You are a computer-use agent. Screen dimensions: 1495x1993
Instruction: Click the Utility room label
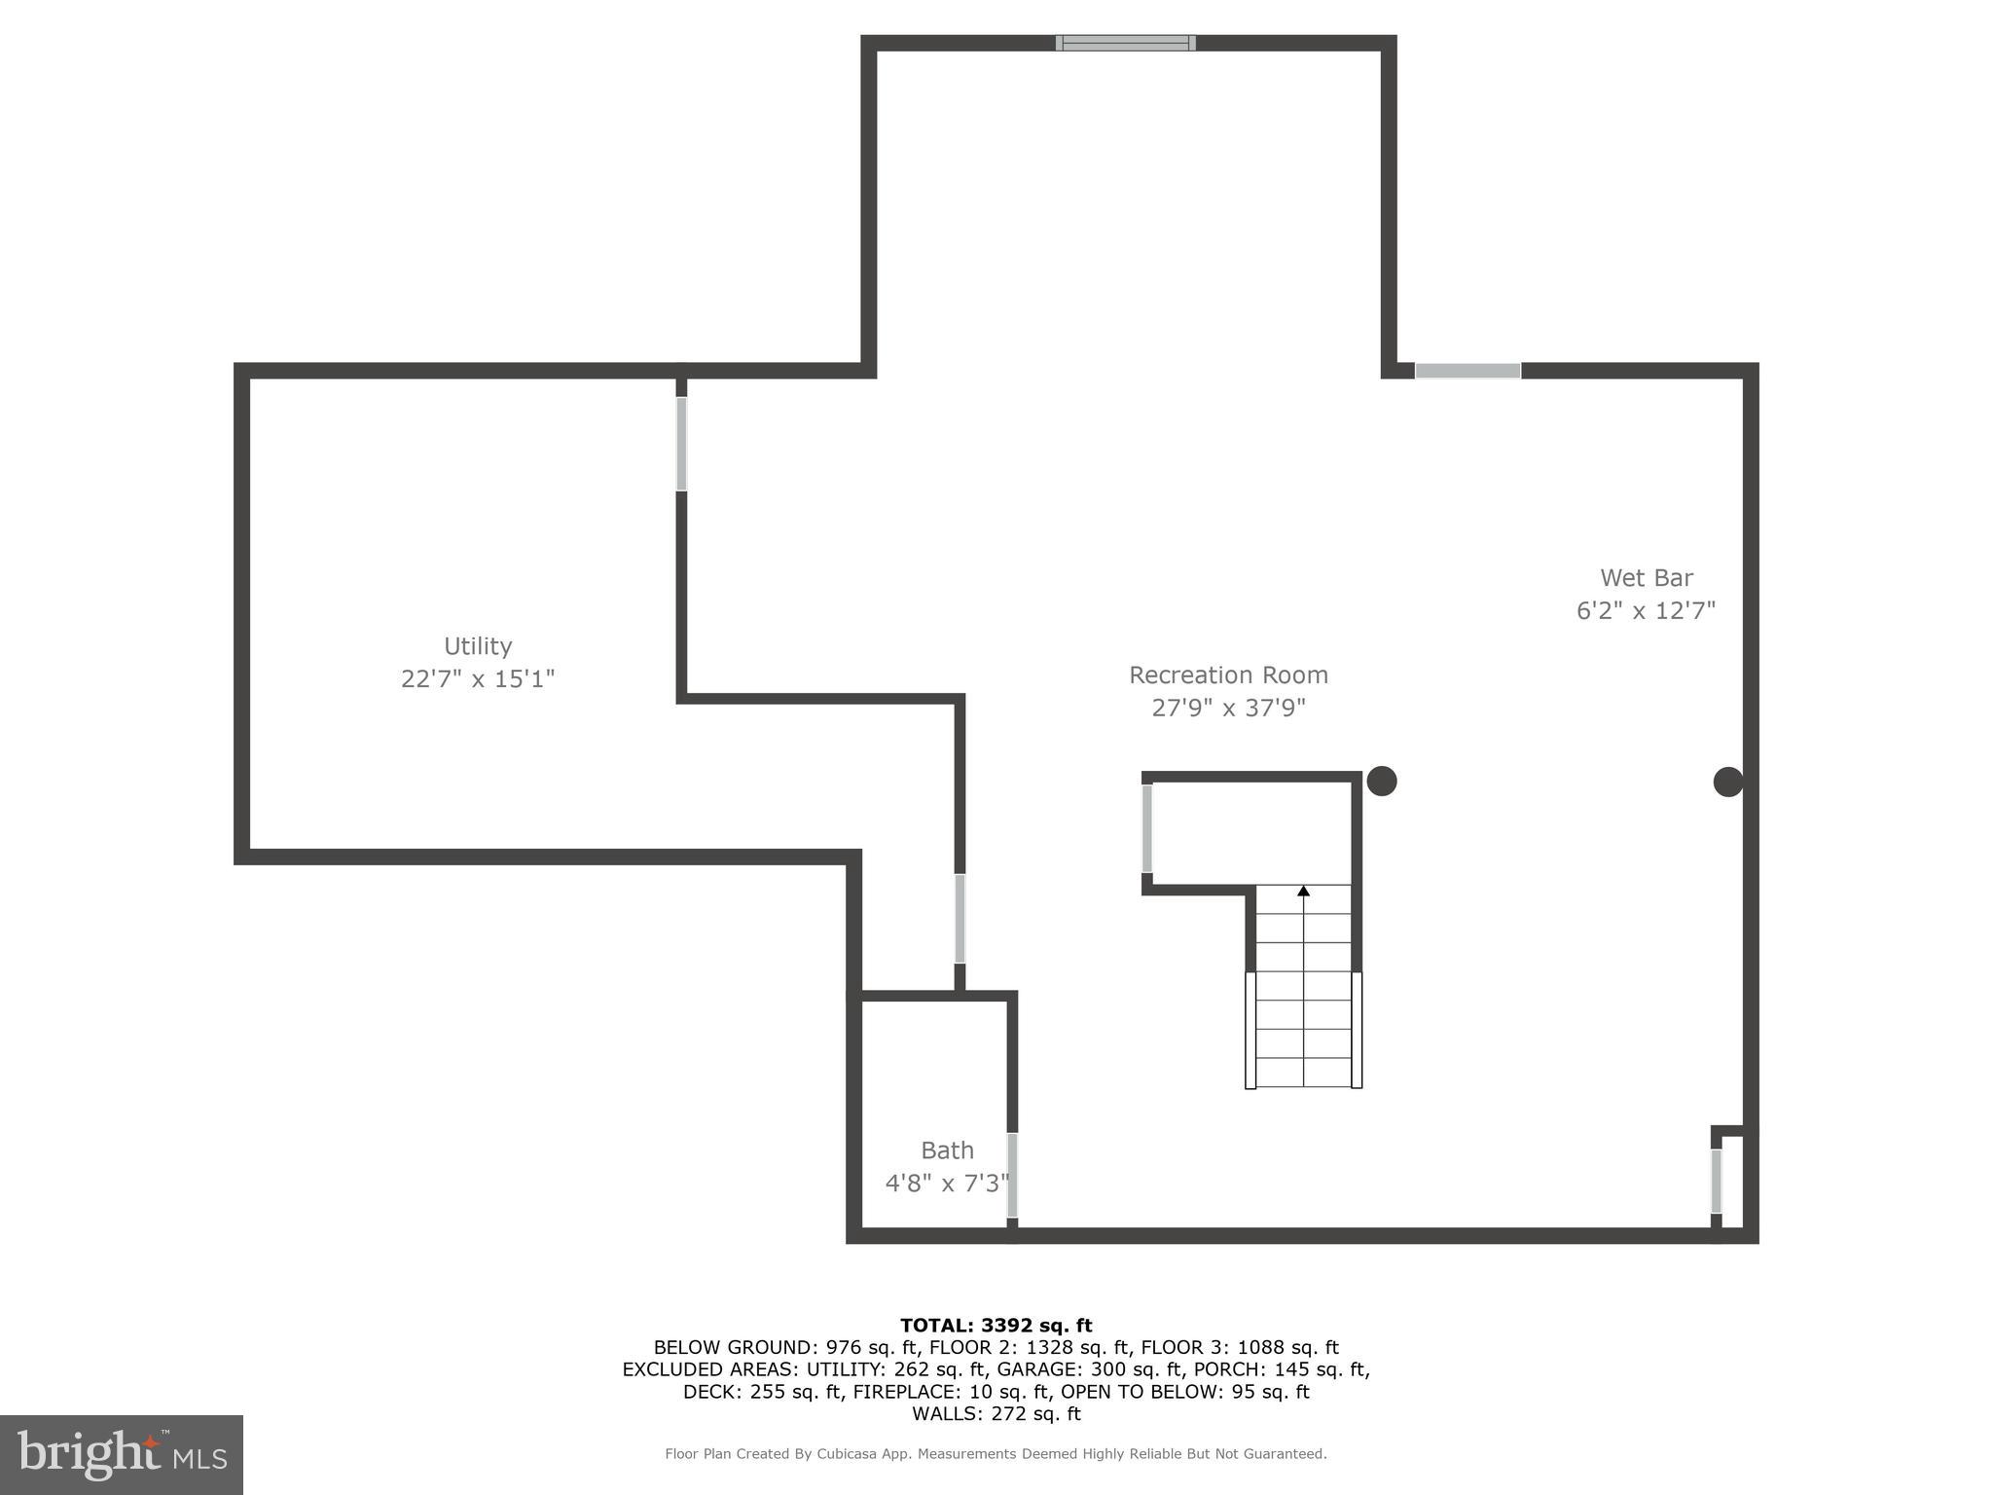click(x=477, y=646)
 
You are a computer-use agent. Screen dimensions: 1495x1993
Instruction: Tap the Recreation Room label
click(x=1228, y=675)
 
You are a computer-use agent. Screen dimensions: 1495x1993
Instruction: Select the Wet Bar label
click(x=1647, y=577)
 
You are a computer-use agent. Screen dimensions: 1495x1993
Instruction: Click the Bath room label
click(x=947, y=1150)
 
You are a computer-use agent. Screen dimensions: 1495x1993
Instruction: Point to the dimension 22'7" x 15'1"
click(x=477, y=678)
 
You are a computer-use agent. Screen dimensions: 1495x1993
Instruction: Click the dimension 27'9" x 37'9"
click(x=1228, y=708)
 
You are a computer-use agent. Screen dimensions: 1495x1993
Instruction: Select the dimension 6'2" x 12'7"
click(x=1646, y=610)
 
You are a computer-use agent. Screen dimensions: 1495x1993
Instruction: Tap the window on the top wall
click(x=1126, y=43)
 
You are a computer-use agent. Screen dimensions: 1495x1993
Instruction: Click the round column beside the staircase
click(x=1382, y=781)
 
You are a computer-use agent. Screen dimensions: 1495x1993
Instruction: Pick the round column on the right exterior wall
click(x=1727, y=782)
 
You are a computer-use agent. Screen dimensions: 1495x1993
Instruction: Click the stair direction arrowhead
click(x=1303, y=891)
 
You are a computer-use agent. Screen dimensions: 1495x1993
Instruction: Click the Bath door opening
click(x=1012, y=1175)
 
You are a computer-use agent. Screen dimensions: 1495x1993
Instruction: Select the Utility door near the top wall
click(x=681, y=444)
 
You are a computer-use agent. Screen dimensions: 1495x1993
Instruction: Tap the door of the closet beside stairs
click(x=1147, y=828)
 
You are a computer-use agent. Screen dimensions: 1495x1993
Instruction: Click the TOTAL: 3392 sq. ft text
click(x=996, y=1325)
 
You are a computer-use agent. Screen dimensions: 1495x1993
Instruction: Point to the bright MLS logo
click(x=122, y=1454)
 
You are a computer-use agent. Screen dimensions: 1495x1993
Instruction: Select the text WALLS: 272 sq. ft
click(x=996, y=1413)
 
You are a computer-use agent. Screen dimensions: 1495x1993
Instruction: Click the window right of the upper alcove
click(x=1468, y=371)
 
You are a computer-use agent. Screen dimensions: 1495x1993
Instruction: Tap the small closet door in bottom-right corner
click(x=1716, y=1182)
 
